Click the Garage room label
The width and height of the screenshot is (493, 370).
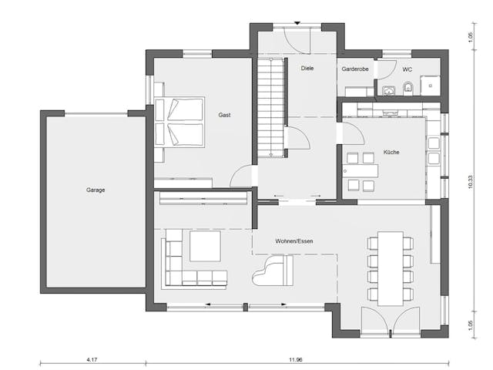coord(96,190)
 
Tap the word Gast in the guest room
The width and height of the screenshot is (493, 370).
coord(224,115)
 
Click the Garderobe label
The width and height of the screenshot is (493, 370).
coord(355,69)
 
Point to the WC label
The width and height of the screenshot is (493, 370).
coord(407,69)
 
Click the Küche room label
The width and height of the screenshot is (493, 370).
coord(391,152)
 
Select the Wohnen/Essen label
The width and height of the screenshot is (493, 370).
coord(294,241)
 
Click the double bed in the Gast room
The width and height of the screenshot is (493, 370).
coord(179,122)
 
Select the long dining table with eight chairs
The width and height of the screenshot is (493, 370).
coord(391,267)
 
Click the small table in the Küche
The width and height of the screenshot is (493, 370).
coord(359,172)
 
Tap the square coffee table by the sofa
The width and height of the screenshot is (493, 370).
coord(205,247)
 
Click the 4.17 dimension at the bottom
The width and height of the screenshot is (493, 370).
coord(92,359)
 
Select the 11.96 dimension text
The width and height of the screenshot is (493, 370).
coord(296,359)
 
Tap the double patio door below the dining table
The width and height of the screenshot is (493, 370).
coord(390,321)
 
